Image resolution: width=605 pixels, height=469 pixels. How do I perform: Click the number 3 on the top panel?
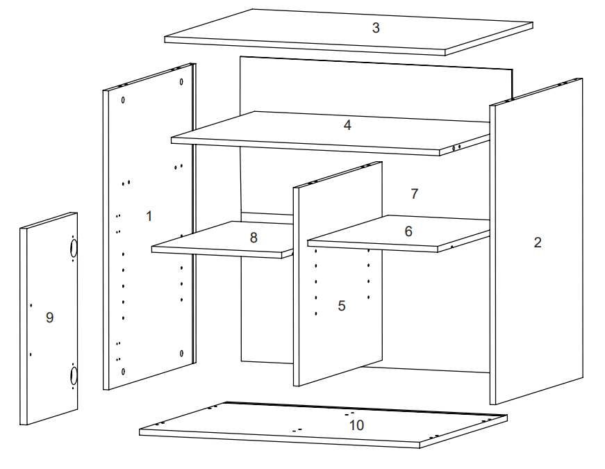(376, 28)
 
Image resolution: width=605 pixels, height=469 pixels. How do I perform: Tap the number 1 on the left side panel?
(149, 215)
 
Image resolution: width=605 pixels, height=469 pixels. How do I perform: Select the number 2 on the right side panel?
(537, 242)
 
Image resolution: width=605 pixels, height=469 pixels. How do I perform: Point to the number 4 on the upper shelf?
(347, 125)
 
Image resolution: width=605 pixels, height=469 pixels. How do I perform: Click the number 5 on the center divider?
(341, 306)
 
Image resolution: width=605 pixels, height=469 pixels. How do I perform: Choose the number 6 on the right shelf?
(408, 231)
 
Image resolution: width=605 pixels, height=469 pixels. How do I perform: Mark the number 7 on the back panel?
(415, 194)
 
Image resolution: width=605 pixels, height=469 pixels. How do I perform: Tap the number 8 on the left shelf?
(254, 237)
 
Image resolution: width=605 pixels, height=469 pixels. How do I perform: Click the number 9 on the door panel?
(49, 318)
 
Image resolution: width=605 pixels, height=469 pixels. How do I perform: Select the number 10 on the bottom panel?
(356, 425)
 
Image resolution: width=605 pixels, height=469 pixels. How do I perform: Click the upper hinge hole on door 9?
(74, 247)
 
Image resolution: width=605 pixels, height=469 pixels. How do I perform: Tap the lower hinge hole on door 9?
(74, 376)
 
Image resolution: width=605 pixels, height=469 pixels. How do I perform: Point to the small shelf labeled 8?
(222, 240)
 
